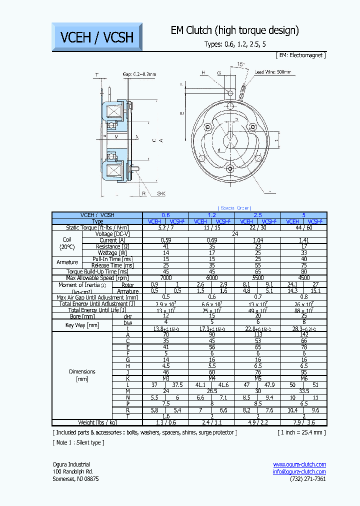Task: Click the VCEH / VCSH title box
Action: pos(97,36)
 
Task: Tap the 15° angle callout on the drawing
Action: pos(241,65)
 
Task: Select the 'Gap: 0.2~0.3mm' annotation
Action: pos(139,74)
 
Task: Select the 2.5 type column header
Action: pos(258,214)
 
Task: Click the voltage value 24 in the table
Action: pos(234,233)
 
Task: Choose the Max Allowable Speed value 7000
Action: pos(166,278)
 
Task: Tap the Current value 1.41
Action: pos(304,240)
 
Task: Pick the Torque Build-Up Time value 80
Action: pos(304,272)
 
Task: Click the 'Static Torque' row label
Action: pos(97,227)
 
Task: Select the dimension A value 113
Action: pos(258,335)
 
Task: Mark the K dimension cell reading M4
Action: pos(212,379)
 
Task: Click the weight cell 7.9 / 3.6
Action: pos(304,422)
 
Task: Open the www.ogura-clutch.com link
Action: pos(299,464)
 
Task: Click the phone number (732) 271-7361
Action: pos(307,479)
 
